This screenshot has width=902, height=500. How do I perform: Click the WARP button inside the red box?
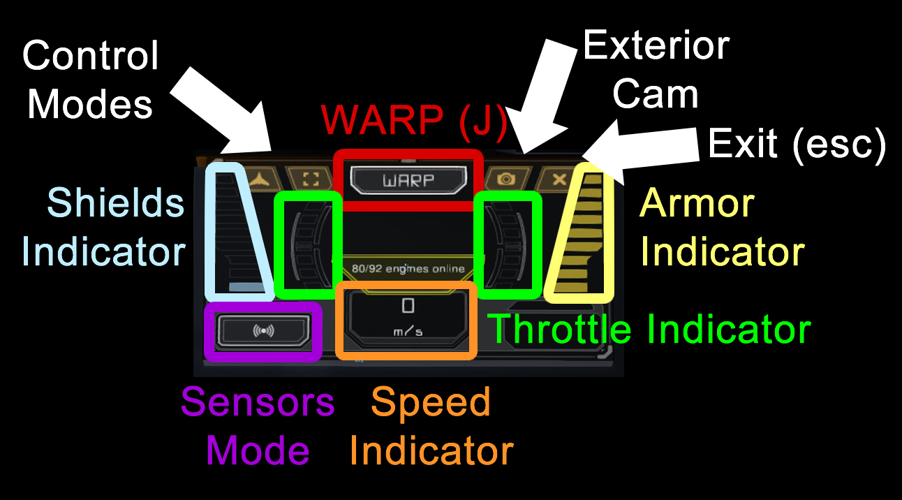point(408,180)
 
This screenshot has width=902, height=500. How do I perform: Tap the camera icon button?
point(506,179)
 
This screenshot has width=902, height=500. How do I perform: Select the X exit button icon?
point(559,179)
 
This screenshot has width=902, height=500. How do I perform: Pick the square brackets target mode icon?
point(311,179)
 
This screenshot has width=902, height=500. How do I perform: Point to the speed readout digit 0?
point(408,306)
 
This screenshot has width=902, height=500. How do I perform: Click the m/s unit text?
point(408,332)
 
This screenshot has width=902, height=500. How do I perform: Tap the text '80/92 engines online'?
point(408,268)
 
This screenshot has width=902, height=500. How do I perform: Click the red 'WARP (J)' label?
point(414,121)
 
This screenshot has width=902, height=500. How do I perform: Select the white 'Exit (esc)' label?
point(797,144)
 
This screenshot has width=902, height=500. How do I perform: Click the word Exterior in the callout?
point(656,45)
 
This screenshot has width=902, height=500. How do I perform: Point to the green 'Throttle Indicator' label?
point(649,329)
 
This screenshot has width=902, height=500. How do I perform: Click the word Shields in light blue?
point(116,203)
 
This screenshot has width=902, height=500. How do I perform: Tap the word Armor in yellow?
point(697,203)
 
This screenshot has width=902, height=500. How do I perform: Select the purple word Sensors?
point(258,402)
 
